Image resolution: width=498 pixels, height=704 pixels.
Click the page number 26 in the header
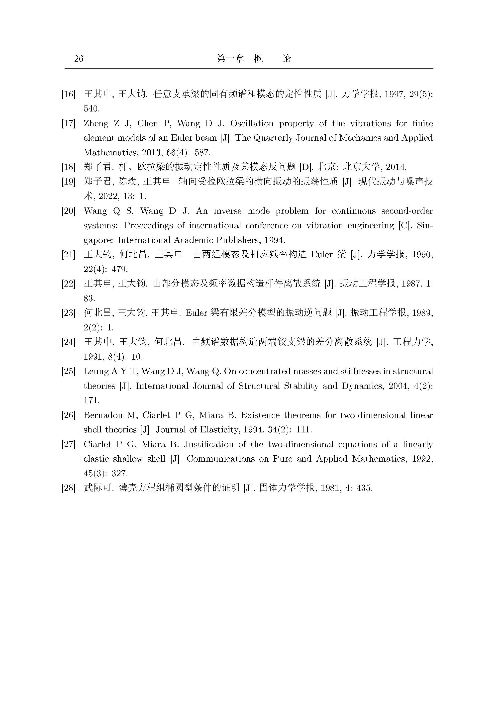pos(79,59)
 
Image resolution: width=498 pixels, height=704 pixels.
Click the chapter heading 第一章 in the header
pos(230,58)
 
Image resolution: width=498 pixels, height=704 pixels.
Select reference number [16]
pos(68,94)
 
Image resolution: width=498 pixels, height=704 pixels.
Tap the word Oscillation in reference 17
pos(251,124)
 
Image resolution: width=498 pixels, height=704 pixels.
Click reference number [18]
pos(68,167)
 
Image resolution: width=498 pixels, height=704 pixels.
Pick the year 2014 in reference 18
pos(396,167)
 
